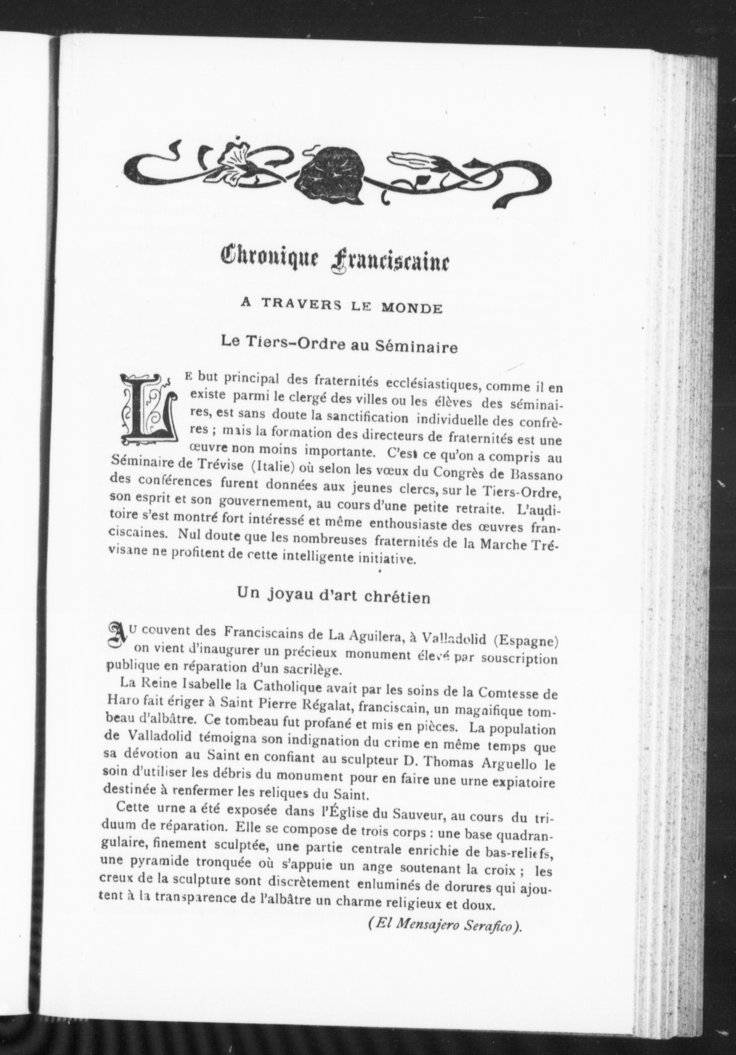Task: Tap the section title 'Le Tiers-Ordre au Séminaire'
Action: (339, 344)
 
